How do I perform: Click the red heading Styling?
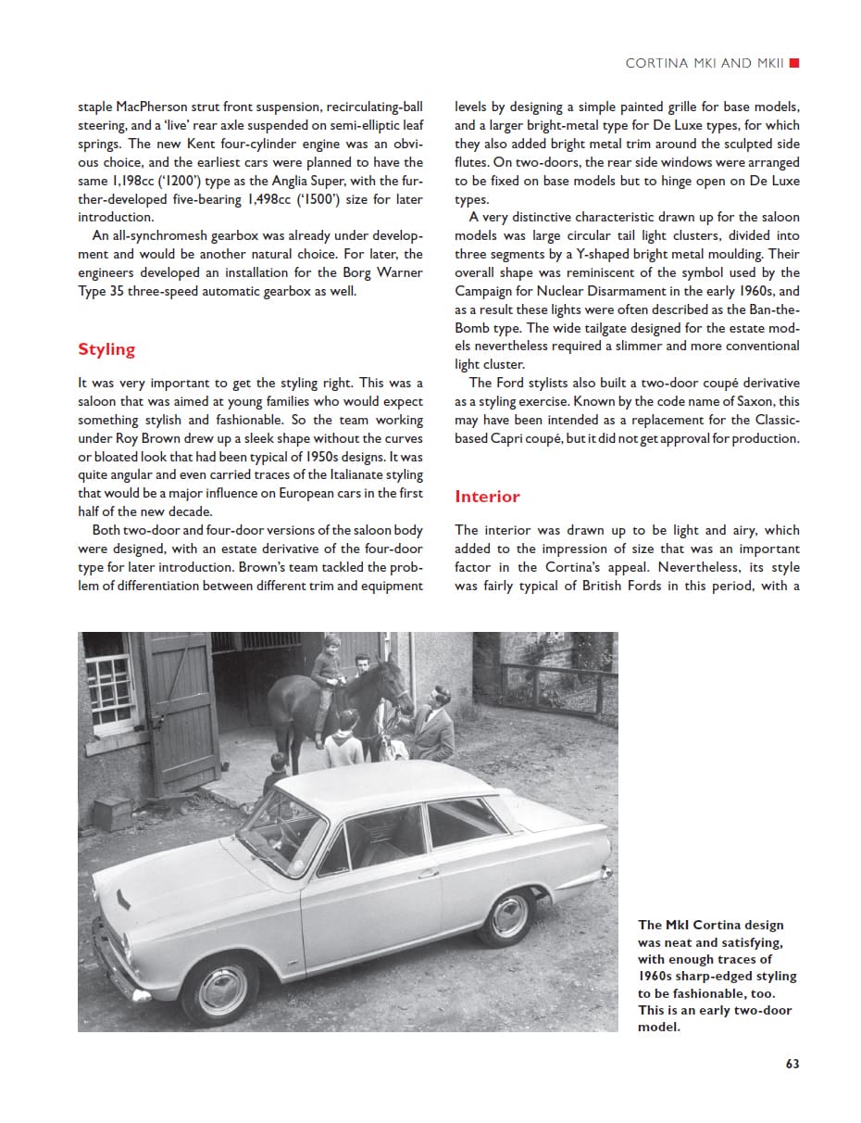coord(106,349)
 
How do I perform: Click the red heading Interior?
coord(487,497)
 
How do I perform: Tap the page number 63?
coord(792,1064)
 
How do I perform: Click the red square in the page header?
coord(794,63)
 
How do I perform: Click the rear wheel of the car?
coord(507,916)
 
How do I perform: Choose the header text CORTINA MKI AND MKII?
coord(705,63)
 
